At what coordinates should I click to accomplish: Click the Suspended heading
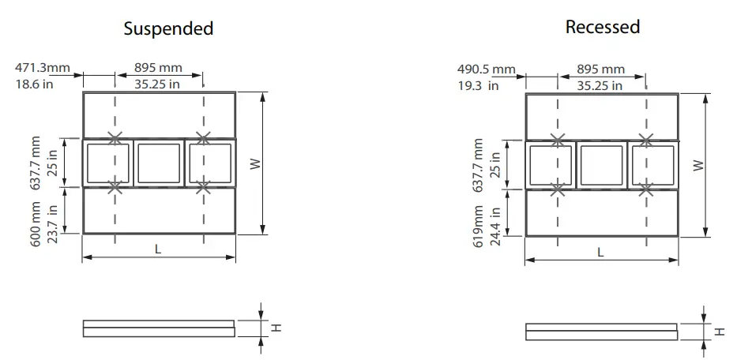pos(168,28)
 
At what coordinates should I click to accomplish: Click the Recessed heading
pos(602,26)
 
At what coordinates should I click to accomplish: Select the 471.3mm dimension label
pos(43,68)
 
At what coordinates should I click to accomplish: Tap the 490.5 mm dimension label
pos(486,70)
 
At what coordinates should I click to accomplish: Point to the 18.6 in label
pos(34,84)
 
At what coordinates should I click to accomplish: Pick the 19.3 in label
pos(479,86)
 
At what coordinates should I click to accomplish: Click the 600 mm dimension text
pos(36,224)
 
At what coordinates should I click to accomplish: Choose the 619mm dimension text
pos(479,226)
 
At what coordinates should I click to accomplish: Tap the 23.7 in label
pos(53,223)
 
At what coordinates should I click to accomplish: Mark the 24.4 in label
pos(495,227)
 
